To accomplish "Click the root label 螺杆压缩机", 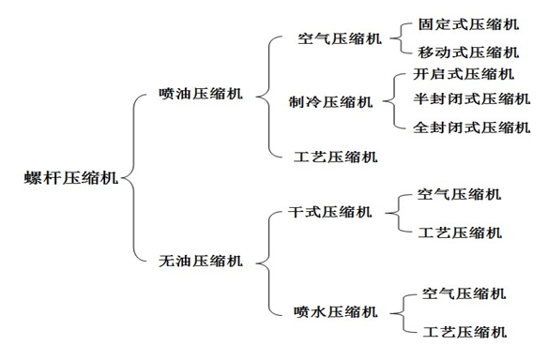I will click(x=69, y=178).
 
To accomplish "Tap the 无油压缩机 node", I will click(x=202, y=260).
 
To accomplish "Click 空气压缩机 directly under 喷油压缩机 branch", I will click(x=339, y=39).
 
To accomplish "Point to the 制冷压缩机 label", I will click(x=330, y=101).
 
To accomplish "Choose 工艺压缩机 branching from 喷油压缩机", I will click(x=336, y=156).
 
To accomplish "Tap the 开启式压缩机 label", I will click(x=464, y=74).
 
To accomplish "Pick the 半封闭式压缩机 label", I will click(x=471, y=99).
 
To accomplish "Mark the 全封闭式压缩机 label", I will click(x=471, y=127).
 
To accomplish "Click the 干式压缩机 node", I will click(x=330, y=212).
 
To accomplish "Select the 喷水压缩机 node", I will click(x=336, y=311).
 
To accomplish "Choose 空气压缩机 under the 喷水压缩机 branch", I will click(x=464, y=293).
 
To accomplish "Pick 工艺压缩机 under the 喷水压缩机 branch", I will click(x=464, y=331).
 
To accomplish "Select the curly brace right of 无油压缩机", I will click(x=266, y=260).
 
